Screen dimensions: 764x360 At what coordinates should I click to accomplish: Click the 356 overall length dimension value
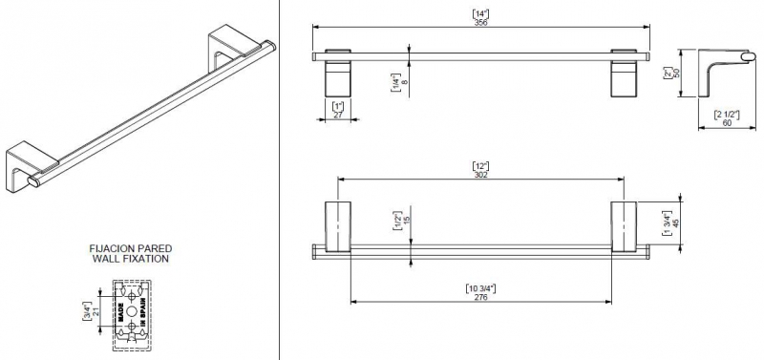coord(480,22)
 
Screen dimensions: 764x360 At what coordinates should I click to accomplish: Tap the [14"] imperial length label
coord(480,14)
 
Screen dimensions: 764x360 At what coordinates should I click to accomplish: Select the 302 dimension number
coord(480,175)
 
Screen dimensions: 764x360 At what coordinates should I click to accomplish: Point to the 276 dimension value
coord(480,297)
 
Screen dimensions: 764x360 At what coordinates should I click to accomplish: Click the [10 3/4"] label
coord(480,288)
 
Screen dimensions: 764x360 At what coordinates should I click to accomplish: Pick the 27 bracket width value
coord(338,115)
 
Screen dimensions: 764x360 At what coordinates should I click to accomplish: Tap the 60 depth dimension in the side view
coord(727,123)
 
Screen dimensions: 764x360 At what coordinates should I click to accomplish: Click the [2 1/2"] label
coord(727,115)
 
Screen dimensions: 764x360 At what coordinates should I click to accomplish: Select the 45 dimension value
coord(675,223)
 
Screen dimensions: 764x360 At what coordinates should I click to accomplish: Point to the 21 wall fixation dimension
coord(95,310)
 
